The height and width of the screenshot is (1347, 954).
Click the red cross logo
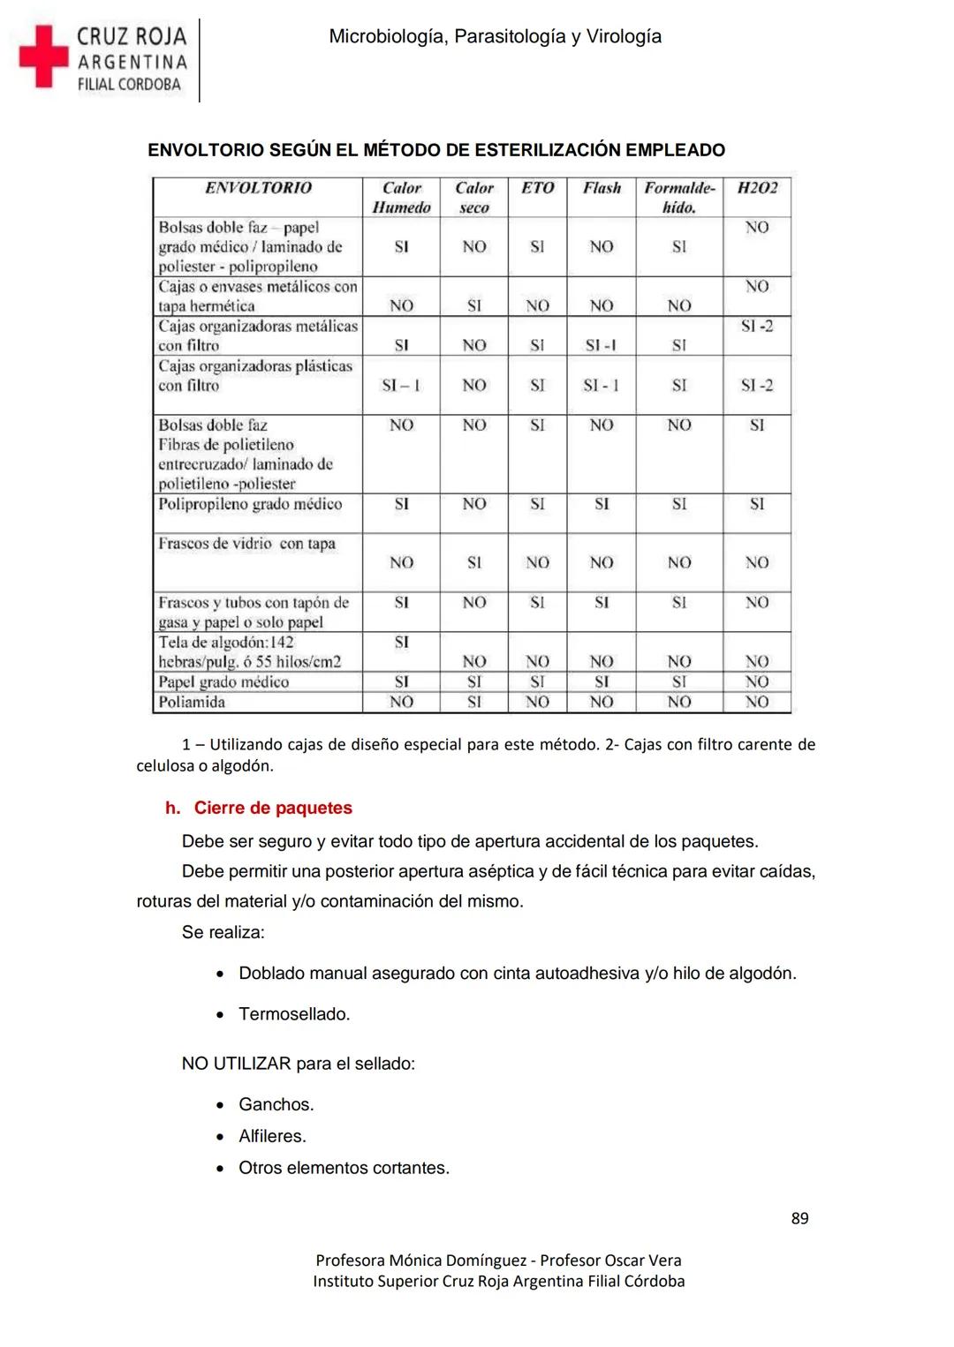(x=42, y=56)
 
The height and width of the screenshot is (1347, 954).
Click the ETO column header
(x=537, y=188)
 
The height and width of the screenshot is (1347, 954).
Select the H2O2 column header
(x=757, y=188)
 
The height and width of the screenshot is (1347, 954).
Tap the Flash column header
(x=602, y=188)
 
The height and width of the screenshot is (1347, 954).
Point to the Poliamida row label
(x=192, y=703)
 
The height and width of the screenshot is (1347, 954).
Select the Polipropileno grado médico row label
(x=250, y=504)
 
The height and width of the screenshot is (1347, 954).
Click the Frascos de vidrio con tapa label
(x=246, y=544)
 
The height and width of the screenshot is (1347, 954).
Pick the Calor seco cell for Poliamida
(x=474, y=703)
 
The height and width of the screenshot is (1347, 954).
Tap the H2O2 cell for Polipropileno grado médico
(x=757, y=504)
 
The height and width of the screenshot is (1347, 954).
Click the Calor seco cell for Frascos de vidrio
(x=474, y=562)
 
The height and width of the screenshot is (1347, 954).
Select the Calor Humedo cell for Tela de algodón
(x=401, y=643)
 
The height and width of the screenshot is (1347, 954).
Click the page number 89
(x=799, y=1218)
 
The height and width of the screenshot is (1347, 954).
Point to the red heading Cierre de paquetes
(x=272, y=808)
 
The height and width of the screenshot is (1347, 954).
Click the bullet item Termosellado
(x=294, y=1014)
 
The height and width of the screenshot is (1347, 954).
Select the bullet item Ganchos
(x=276, y=1104)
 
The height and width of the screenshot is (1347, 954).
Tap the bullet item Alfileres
(x=272, y=1136)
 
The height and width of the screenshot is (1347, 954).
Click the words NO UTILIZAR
(x=236, y=1064)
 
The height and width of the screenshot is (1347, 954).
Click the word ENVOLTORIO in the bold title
(x=206, y=150)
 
